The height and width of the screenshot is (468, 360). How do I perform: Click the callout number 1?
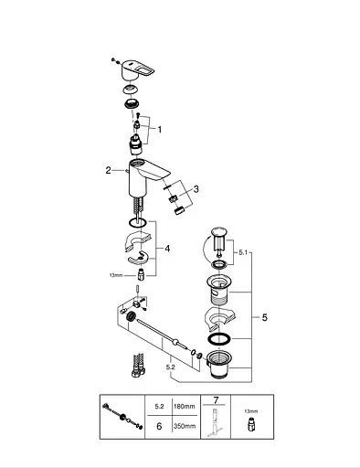160,130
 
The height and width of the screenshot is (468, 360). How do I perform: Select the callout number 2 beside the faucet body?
109,170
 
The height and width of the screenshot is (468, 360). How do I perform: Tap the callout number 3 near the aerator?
196,189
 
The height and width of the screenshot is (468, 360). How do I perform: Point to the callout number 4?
167,249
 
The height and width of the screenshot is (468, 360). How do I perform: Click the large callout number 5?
264,317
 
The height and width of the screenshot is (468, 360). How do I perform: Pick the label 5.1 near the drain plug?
243,252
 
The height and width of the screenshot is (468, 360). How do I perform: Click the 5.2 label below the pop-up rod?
171,367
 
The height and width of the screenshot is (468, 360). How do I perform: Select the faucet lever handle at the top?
137,69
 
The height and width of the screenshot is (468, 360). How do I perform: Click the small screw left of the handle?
113,59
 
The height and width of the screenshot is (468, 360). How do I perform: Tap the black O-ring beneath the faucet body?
137,223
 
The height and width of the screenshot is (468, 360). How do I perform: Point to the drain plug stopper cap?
218,232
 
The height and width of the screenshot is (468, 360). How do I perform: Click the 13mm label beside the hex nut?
116,275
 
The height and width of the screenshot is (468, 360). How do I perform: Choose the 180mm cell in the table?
185,406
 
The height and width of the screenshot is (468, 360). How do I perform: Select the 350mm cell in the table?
185,426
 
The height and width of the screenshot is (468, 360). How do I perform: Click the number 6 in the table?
159,426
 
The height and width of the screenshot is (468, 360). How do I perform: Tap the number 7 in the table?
216,400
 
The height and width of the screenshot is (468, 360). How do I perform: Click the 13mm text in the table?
250,411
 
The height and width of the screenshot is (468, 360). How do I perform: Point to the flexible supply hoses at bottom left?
139,365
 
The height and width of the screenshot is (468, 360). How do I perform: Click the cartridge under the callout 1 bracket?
134,144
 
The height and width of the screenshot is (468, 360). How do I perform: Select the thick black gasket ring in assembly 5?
218,339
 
